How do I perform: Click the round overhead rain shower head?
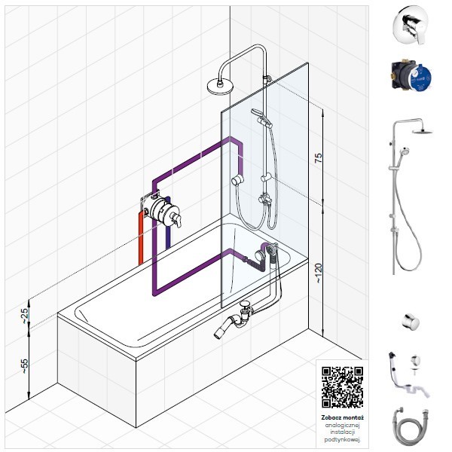220,87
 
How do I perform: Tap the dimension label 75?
319,158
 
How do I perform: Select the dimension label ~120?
318,273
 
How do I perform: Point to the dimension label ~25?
26,316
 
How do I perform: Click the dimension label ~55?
26,366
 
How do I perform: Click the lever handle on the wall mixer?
176,218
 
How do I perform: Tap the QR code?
342,387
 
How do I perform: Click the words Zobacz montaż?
343,417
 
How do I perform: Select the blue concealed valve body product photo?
411,76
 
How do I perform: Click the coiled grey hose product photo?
411,428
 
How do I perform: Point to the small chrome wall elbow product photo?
411,322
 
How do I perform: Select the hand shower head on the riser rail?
261,118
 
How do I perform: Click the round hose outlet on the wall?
237,180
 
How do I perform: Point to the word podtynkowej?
343,440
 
